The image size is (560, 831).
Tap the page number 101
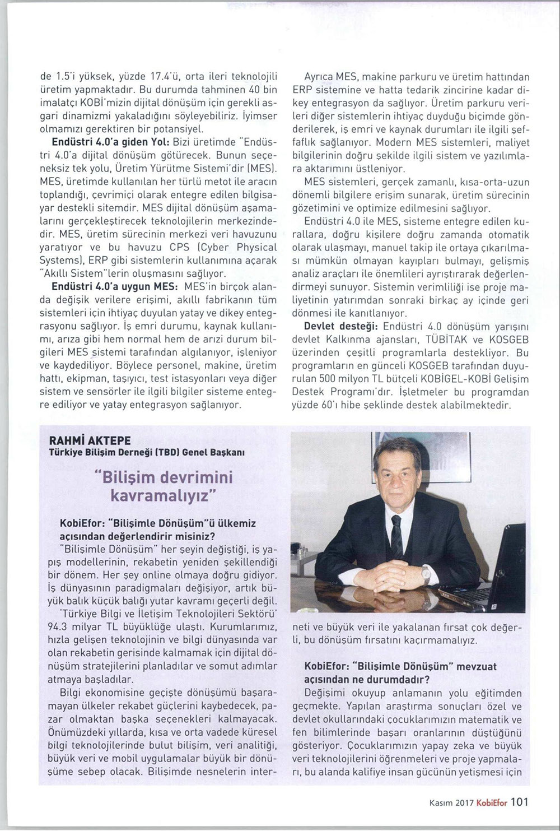pos(519,802)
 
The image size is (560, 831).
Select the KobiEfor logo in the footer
pos(492,802)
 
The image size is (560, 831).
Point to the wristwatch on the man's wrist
pos(426,575)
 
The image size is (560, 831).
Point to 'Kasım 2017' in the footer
pos(451,803)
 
